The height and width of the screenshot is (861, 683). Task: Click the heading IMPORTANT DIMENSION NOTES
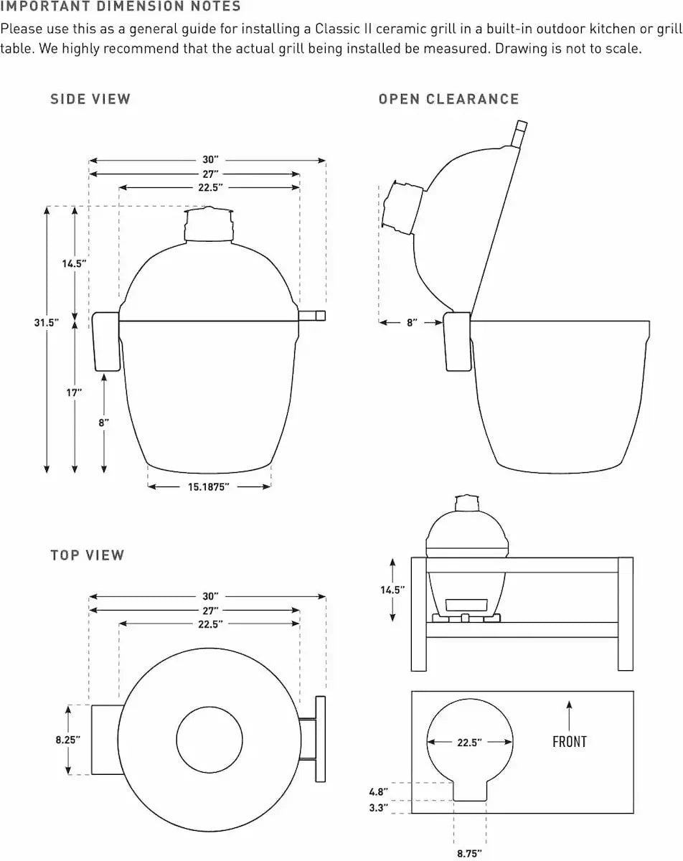(x=121, y=7)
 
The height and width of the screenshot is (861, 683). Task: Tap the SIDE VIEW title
(x=90, y=99)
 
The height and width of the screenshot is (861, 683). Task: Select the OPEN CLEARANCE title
(x=448, y=99)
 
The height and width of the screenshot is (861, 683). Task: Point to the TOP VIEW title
(x=88, y=555)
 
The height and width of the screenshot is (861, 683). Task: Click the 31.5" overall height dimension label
(x=46, y=323)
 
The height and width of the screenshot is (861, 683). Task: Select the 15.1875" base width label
(x=209, y=487)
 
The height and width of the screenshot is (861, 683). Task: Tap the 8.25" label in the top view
(x=68, y=739)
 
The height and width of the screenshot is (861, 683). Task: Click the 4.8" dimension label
(x=378, y=792)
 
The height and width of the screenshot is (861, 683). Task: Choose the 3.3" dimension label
(x=378, y=808)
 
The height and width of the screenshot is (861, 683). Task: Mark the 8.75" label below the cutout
(x=469, y=853)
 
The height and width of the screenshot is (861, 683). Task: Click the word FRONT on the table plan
(x=569, y=742)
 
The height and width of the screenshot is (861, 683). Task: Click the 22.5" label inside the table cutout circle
(x=469, y=743)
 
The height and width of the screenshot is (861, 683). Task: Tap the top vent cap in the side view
(x=209, y=224)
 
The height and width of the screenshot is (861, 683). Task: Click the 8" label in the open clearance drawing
(x=412, y=323)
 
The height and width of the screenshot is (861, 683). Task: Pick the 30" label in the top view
(x=209, y=596)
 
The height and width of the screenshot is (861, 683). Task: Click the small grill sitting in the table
(x=467, y=560)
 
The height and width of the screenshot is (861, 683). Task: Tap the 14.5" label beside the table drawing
(x=393, y=590)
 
